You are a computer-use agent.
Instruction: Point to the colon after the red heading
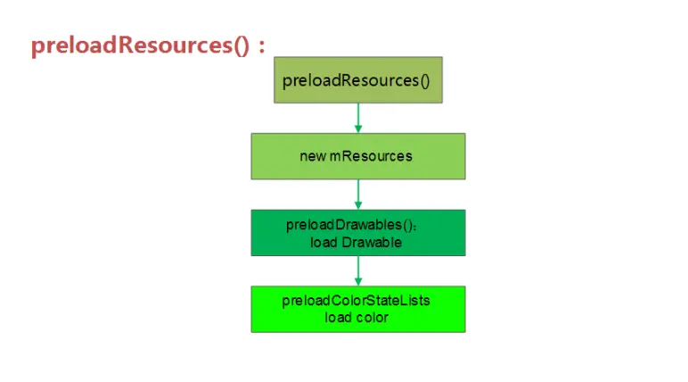pos(262,47)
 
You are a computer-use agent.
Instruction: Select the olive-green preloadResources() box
pos(356,80)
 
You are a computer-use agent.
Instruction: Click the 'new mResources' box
pos(357,156)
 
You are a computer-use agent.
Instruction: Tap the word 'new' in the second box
pos(313,156)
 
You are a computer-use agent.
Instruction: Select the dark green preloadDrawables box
pos(357,233)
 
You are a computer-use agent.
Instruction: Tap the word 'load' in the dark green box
pos(324,242)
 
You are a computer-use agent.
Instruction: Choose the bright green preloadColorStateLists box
pos(357,309)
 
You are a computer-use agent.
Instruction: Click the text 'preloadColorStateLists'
pos(356,301)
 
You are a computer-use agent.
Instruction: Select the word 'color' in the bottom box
pos(371,318)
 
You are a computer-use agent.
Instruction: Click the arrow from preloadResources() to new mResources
pos(358,116)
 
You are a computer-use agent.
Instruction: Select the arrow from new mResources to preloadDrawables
pos(358,193)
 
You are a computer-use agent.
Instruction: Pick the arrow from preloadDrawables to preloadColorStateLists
pos(358,270)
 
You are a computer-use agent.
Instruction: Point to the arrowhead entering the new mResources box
pos(358,129)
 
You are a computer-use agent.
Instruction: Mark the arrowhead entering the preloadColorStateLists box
pos(358,281)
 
